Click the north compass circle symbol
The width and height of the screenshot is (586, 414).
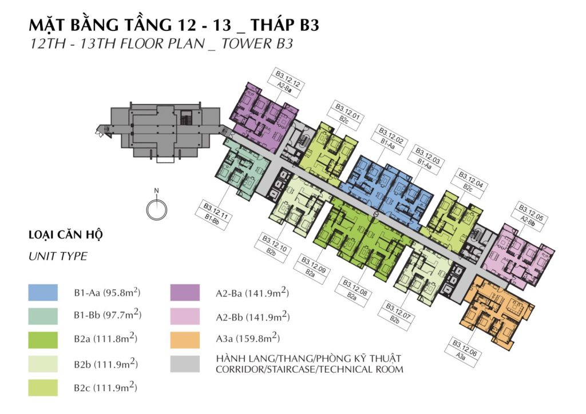point(157,210)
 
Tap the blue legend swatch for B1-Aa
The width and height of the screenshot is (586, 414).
point(43,292)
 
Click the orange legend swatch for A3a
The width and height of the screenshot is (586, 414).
point(185,340)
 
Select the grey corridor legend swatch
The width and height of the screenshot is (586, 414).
point(185,364)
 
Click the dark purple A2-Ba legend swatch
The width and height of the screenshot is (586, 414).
point(185,292)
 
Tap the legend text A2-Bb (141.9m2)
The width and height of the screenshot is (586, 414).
point(252,317)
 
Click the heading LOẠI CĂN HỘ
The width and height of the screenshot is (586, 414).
point(65,235)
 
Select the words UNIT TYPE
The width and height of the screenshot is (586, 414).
point(58,256)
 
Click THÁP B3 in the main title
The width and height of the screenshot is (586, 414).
point(285,25)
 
